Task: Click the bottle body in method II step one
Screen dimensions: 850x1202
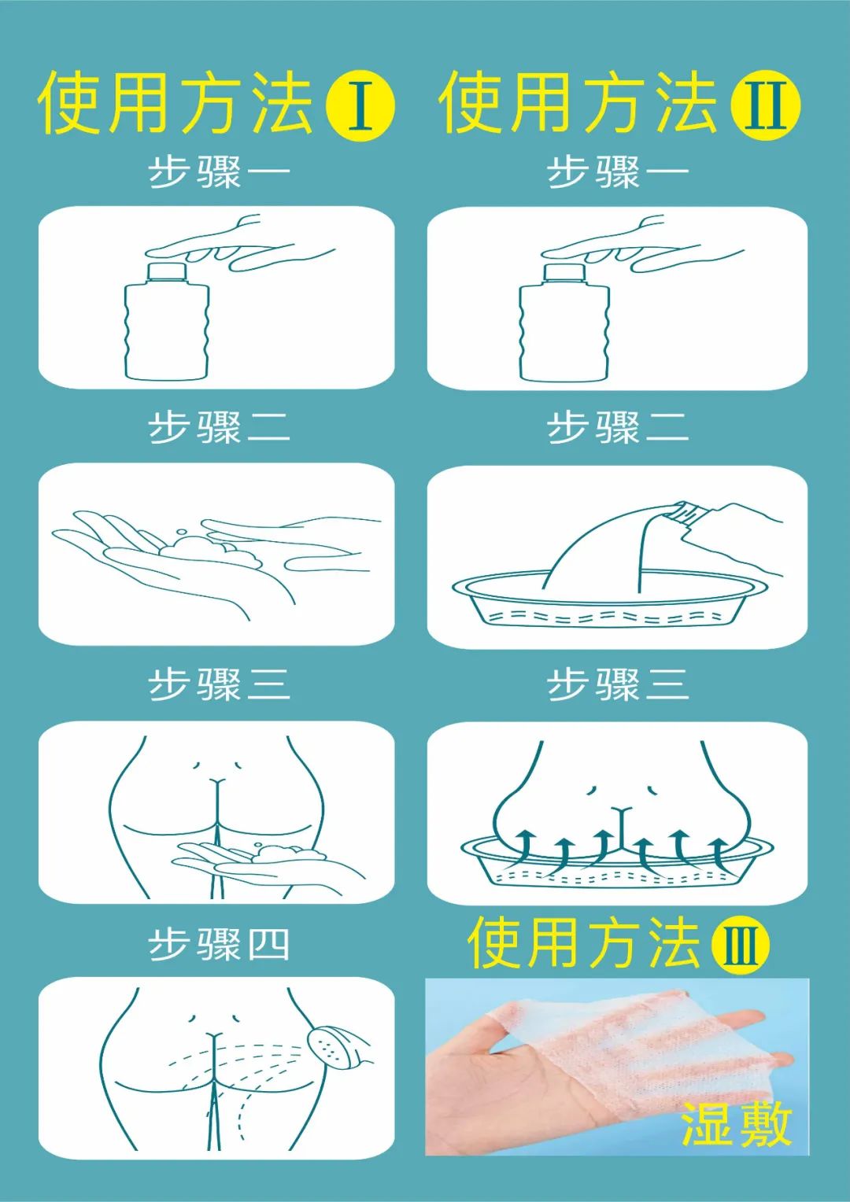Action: [x=565, y=332]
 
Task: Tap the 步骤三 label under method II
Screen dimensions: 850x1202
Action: [x=618, y=684]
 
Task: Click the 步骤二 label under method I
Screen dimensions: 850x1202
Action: [x=219, y=427]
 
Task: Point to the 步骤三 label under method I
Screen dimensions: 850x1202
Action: [x=219, y=684]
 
